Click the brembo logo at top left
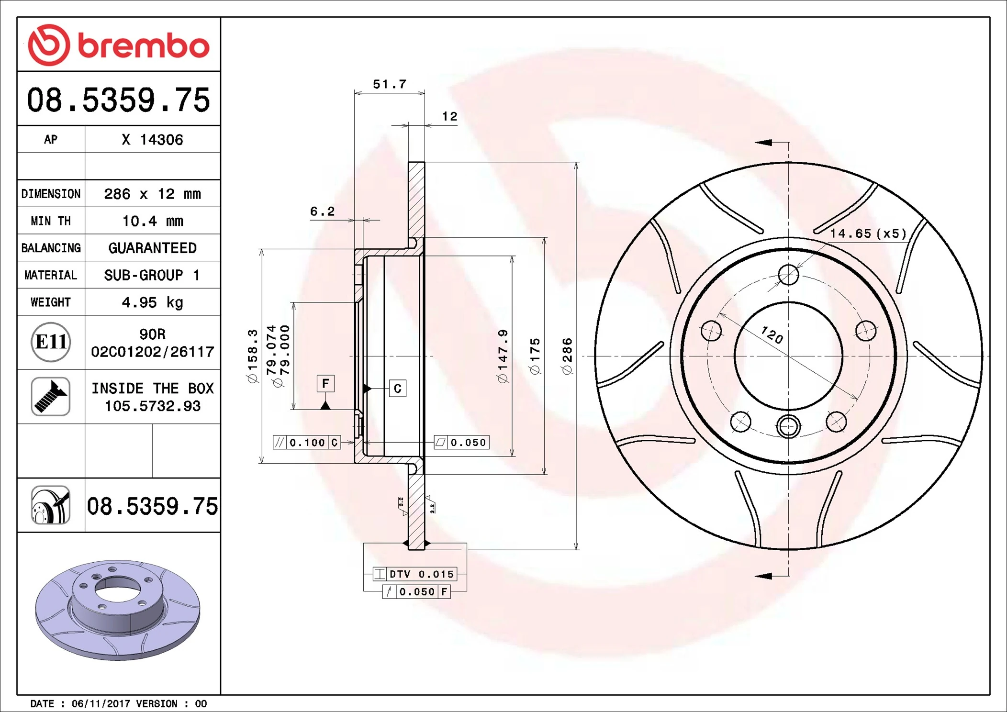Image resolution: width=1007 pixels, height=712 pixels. [x=118, y=45]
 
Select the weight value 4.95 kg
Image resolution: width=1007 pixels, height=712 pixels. [x=152, y=302]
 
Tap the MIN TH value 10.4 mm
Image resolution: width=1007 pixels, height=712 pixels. [x=152, y=221]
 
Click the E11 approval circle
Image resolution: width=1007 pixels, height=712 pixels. [x=51, y=342]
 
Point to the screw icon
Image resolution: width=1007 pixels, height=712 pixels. [x=51, y=396]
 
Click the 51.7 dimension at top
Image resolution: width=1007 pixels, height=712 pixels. [x=390, y=85]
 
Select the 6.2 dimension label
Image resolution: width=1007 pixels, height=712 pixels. [x=322, y=211]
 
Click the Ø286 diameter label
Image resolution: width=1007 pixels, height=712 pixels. [x=567, y=356]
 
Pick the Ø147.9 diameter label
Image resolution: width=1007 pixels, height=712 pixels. [x=503, y=356]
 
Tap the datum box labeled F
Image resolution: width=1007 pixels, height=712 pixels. [x=325, y=384]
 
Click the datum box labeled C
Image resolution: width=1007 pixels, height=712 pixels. [x=398, y=389]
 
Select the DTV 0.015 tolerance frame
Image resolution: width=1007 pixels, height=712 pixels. [x=414, y=574]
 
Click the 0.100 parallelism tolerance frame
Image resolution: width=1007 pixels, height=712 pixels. [x=306, y=443]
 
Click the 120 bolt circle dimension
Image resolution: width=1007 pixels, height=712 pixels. [x=772, y=335]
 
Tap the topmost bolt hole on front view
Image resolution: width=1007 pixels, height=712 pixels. [x=788, y=275]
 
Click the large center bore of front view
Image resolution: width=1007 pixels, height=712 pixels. [x=788, y=356]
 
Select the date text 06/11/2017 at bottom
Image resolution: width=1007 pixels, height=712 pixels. [x=101, y=703]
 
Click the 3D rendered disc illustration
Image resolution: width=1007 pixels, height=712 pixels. [x=118, y=610]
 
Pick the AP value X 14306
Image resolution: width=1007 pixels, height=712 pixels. [x=152, y=140]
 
